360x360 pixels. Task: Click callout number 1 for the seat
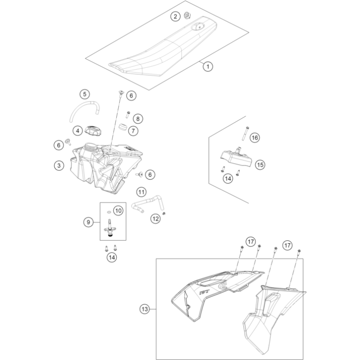pyautogui.click(x=208, y=66)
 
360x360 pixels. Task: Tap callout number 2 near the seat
pyautogui.click(x=175, y=16)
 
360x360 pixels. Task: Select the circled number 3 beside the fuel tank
pyautogui.click(x=59, y=166)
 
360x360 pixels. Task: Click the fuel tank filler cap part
pyautogui.click(x=93, y=131)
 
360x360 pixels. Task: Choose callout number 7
pyautogui.click(x=133, y=131)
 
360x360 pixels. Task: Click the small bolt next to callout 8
pyautogui.click(x=128, y=114)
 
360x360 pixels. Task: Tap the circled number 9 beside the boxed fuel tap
pyautogui.click(x=88, y=222)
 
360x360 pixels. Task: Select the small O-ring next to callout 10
pyautogui.click(x=110, y=212)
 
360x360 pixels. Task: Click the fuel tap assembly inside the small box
pyautogui.click(x=110, y=228)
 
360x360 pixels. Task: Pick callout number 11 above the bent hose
pyautogui.click(x=141, y=192)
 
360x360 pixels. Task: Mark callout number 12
pyautogui.click(x=156, y=219)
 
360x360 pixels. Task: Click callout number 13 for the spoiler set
pyautogui.click(x=145, y=309)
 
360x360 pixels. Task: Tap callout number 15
pyautogui.click(x=260, y=165)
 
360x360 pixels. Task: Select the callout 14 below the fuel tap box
pyautogui.click(x=112, y=257)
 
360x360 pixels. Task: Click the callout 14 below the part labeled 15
pyautogui.click(x=228, y=178)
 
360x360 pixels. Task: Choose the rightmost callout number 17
pyautogui.click(x=287, y=246)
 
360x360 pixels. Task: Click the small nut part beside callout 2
pyautogui.click(x=188, y=16)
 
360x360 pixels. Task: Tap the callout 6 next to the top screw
pyautogui.click(x=131, y=95)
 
